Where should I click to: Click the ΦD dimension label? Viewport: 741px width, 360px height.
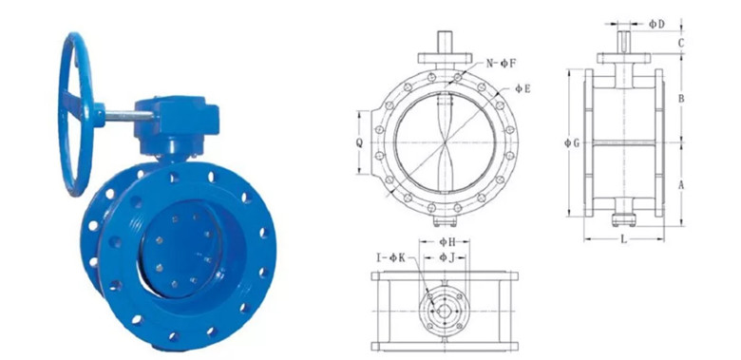656,24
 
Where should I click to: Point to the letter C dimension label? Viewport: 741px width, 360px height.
681,43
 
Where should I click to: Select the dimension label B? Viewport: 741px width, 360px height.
681,99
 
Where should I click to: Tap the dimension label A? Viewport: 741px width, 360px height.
681,185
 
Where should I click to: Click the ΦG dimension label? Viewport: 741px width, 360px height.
572,142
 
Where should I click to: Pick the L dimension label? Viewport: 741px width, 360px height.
624,239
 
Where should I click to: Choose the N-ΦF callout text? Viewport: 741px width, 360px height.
502,64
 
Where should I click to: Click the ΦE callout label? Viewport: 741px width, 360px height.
522,88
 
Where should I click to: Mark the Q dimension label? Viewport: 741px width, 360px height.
360,142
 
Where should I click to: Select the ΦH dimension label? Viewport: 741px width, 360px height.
447,242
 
